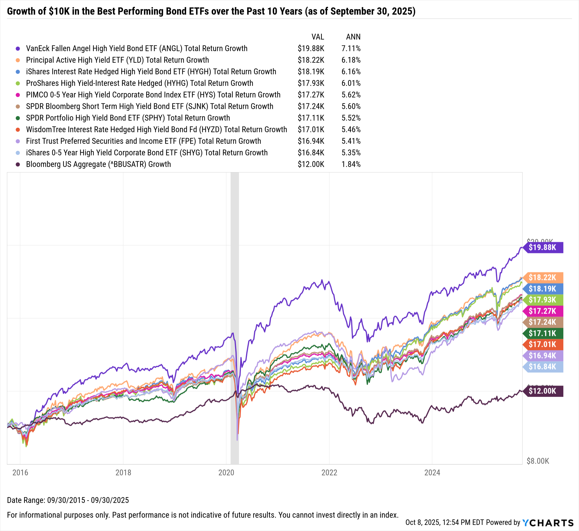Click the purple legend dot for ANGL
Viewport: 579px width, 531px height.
(18, 49)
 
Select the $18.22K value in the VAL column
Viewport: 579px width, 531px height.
(311, 60)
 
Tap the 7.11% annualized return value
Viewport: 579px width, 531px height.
(351, 49)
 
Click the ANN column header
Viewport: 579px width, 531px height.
(353, 37)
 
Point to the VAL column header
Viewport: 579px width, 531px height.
(318, 37)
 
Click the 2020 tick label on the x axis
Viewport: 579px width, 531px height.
(226, 473)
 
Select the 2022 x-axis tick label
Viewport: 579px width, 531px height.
(329, 473)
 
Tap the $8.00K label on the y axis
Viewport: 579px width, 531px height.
(538, 461)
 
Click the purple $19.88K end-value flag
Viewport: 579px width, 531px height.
(543, 248)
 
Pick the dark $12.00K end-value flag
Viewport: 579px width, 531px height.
(543, 391)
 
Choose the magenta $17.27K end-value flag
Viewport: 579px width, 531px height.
(543, 311)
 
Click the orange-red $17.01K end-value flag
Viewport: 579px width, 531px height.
(543, 345)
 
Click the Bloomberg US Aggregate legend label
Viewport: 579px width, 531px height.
(98, 164)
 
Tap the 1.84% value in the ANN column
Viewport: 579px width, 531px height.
(351, 164)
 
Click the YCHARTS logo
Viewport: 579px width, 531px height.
(548, 523)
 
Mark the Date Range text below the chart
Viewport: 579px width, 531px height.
(68, 500)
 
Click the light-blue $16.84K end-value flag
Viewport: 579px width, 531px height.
(543, 367)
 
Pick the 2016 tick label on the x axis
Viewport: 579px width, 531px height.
(20, 473)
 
